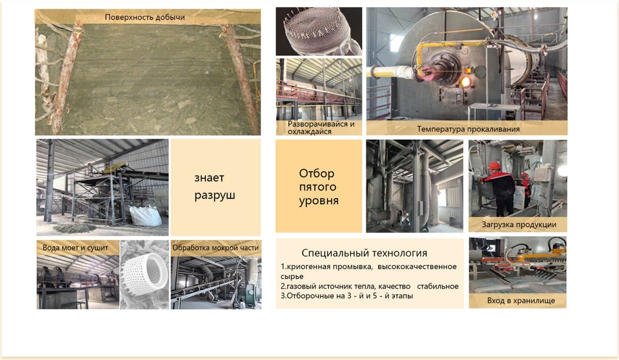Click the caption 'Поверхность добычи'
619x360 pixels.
click(144, 18)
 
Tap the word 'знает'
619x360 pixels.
click(209, 177)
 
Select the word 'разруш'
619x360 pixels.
click(215, 195)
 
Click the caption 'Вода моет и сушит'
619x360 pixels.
click(75, 248)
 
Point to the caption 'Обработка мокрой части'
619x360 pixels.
click(216, 248)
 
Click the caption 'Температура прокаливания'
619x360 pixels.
click(468, 129)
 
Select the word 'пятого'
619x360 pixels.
click(318, 187)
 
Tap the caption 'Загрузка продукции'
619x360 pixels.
click(519, 225)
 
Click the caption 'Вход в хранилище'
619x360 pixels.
click(521, 300)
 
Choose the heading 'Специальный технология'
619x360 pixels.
click(364, 253)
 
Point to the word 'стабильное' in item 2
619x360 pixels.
click(438, 286)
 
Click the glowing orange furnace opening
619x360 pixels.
click(465, 82)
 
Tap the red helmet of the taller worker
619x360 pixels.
click(494, 166)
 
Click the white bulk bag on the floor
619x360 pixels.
click(145, 216)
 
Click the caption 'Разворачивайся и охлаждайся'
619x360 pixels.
click(321, 127)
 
